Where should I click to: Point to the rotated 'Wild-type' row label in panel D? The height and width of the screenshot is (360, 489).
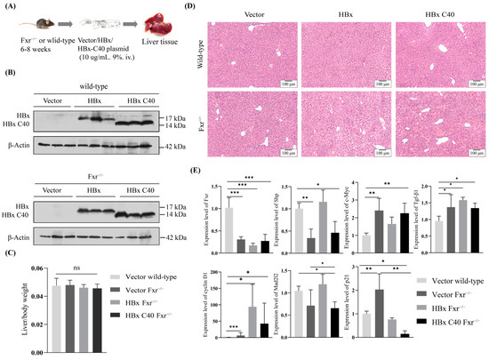[x=211, y=52]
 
